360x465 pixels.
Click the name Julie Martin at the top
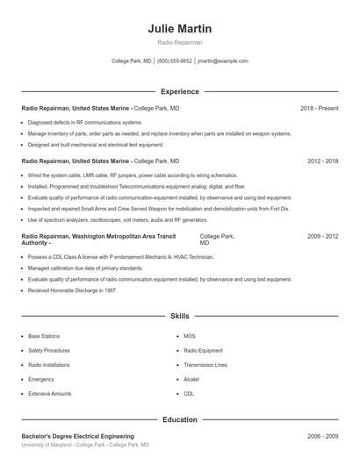[x=180, y=29]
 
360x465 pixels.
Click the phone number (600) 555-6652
[x=175, y=61]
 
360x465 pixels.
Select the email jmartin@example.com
[x=223, y=61]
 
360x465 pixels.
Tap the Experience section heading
[x=180, y=91]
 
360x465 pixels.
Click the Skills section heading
[x=180, y=315]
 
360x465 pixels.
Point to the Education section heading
[x=180, y=419]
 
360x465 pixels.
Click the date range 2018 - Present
[x=319, y=108]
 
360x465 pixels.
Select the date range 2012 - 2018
[x=322, y=161]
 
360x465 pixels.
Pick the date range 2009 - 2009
[x=322, y=236]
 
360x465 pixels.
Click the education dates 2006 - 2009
[x=322, y=436]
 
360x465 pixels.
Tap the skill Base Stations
[x=44, y=336]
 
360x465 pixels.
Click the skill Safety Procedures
[x=49, y=350]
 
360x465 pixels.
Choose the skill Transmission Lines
[x=205, y=365]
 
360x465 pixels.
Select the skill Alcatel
[x=191, y=379]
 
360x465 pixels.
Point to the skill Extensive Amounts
[x=49, y=394]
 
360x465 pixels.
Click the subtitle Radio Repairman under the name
[x=180, y=42]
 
